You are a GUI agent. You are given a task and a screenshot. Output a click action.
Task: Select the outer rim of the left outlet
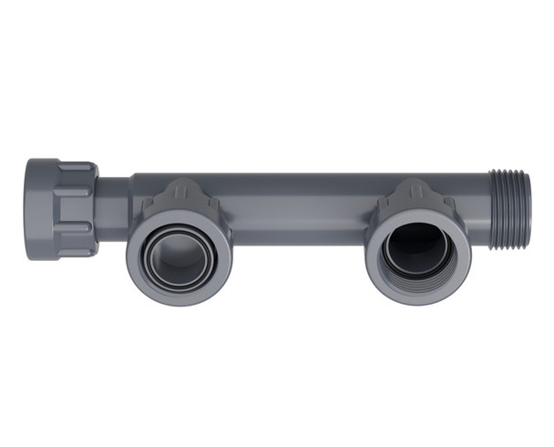179,297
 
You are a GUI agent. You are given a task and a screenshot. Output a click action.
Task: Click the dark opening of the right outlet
419,244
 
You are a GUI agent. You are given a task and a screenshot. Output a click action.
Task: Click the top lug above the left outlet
180,192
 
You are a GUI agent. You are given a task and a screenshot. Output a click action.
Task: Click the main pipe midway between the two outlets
296,210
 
